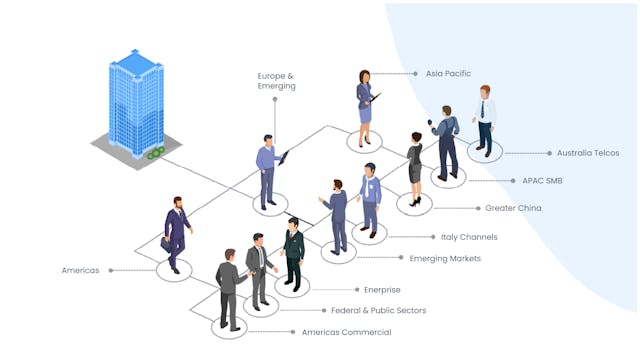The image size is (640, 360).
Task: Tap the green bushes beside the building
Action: (x=155, y=153)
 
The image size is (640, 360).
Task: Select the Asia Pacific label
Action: (x=448, y=73)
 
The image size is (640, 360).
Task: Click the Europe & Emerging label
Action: (x=276, y=81)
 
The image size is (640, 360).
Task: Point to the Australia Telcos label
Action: (x=588, y=153)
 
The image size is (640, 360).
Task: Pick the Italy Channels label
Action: (x=469, y=237)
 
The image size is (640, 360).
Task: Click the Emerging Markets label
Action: (x=445, y=258)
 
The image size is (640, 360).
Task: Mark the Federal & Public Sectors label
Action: (x=379, y=310)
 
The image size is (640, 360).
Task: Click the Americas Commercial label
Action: (x=346, y=332)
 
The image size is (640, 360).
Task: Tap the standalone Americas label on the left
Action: (x=80, y=270)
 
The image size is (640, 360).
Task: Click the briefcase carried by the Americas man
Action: (x=166, y=242)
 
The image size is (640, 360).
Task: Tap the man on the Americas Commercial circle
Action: (x=229, y=290)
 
